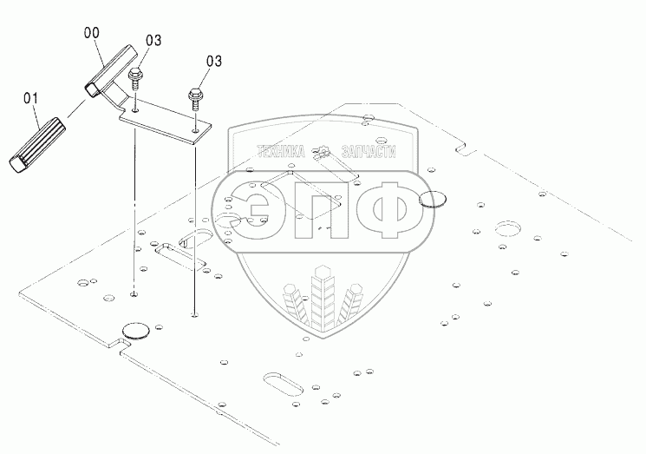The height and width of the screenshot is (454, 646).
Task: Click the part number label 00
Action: coord(91,32)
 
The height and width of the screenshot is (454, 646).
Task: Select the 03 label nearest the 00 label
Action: coord(153,40)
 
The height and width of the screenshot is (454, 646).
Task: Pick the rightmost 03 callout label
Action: coord(214,61)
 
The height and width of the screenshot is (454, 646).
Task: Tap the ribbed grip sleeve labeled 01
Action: coord(38,140)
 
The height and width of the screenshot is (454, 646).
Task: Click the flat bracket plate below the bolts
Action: coord(165,118)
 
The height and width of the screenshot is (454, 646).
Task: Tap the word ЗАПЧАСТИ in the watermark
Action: coord(363,151)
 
